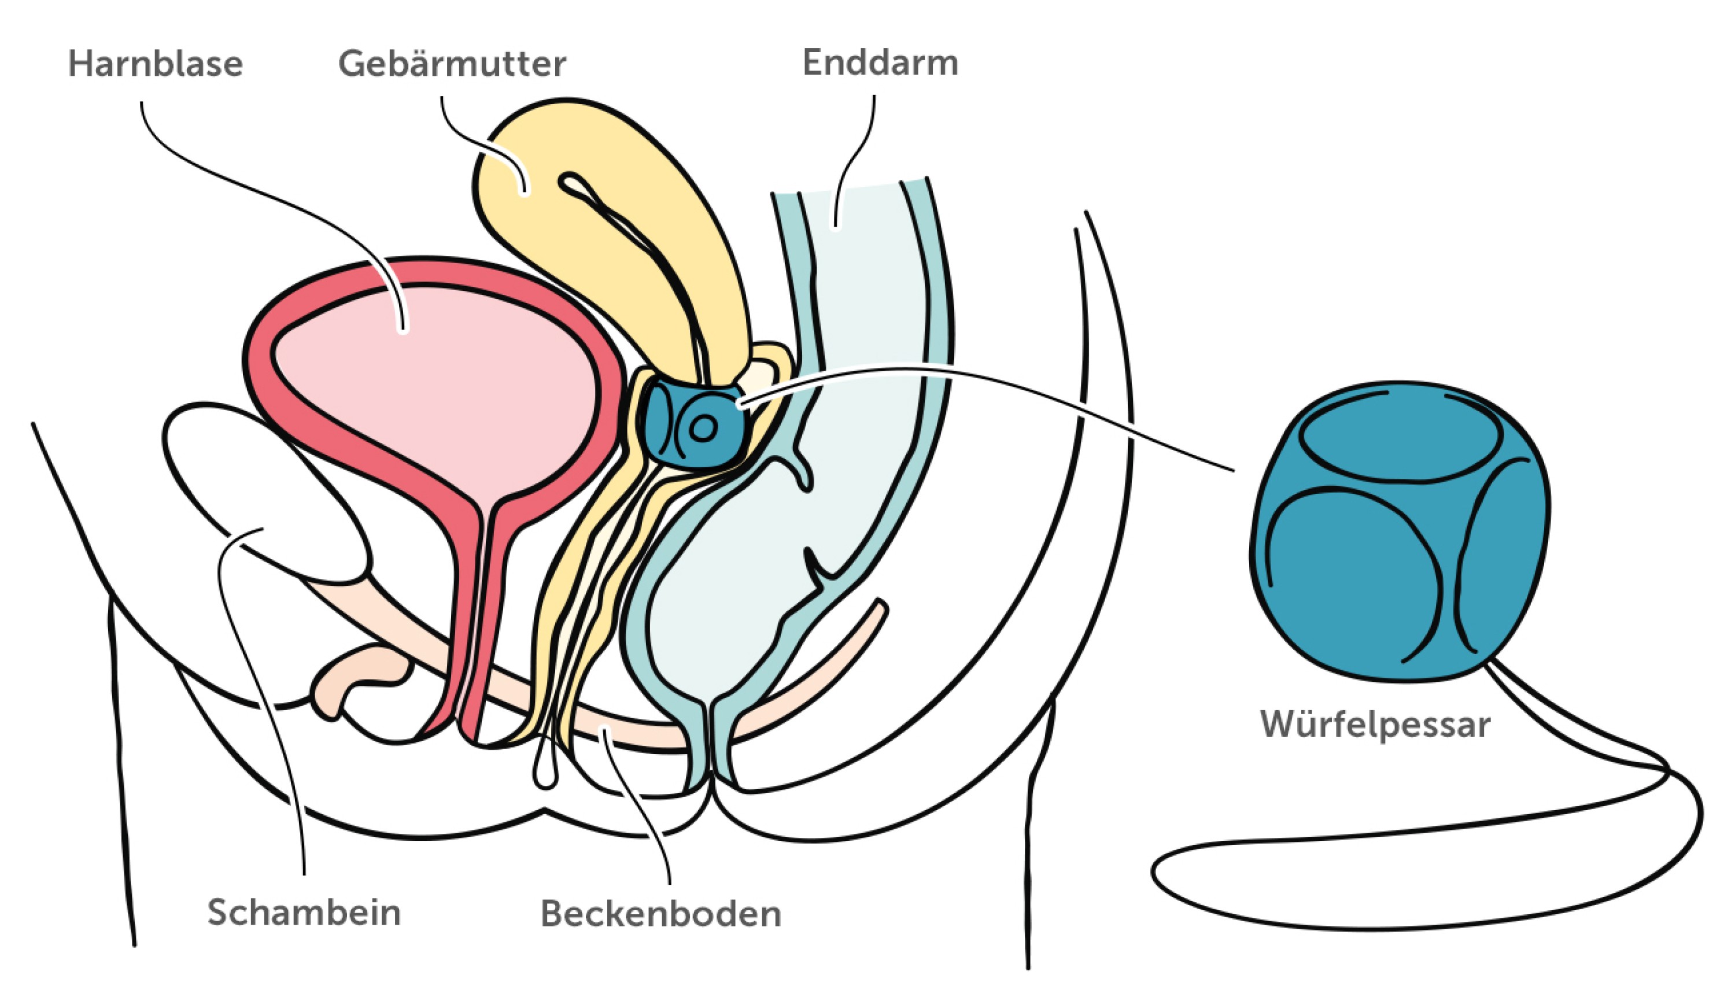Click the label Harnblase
coord(156,65)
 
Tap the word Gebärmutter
coord(452,65)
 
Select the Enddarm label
coord(880,63)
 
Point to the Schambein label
coord(304,913)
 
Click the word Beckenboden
coord(660,914)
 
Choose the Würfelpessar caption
coord(1375,725)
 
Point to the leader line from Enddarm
coord(852,158)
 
